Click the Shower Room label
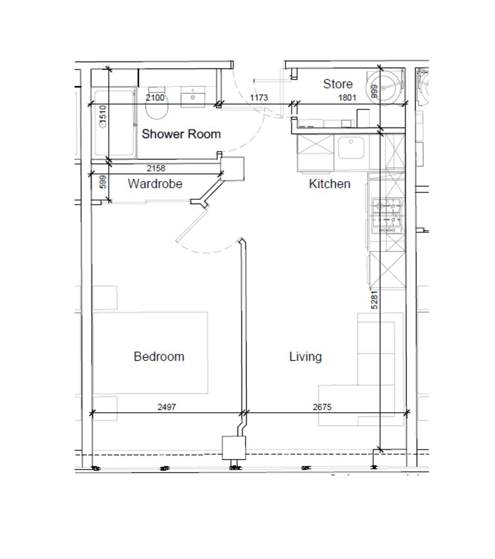181,134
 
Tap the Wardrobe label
155,184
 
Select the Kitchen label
330,184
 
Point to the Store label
337,84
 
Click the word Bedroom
159,356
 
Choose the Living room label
305,356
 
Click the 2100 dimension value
155,98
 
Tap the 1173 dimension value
259,98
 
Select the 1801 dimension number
347,98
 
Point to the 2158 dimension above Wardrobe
156,168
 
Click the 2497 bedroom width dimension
166,407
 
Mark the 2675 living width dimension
322,407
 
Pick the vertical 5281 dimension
374,300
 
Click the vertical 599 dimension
103,182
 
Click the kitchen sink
351,148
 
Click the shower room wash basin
192,98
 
